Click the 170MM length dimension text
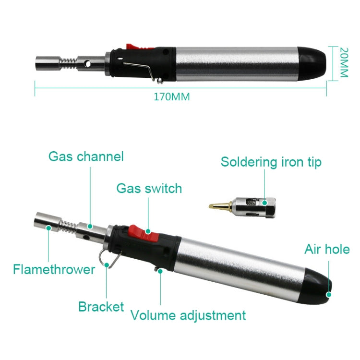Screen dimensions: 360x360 point(171,96)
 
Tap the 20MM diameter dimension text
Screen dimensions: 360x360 point(343,62)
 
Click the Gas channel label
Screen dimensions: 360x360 point(86,156)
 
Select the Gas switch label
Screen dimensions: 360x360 point(149,188)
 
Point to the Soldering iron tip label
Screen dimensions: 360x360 point(271,162)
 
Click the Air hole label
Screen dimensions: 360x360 point(327,249)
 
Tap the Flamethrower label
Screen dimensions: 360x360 point(54,269)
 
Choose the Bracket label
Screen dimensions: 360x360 point(101,307)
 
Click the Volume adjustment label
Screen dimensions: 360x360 point(188,315)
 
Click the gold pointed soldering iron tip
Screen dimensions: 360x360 point(217,205)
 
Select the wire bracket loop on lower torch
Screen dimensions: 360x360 point(112,258)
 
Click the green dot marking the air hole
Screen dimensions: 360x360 point(329,294)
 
